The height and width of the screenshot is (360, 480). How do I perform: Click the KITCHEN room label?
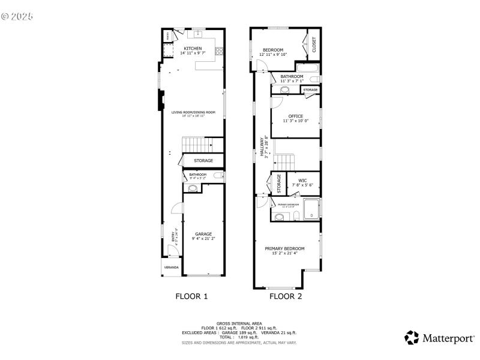[x=193, y=49]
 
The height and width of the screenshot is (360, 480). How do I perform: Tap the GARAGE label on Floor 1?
[x=203, y=234]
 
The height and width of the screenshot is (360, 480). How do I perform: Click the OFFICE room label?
[x=295, y=116]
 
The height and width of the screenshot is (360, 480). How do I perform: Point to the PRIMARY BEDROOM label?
[x=285, y=248]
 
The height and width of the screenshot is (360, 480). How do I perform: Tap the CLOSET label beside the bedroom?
[x=313, y=45]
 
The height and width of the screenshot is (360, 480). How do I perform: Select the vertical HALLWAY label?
[x=262, y=148]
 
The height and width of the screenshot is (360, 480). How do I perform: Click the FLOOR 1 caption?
[x=191, y=296]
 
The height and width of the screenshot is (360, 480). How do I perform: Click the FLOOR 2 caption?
[x=286, y=296]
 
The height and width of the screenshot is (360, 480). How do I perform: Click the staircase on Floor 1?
[x=196, y=145]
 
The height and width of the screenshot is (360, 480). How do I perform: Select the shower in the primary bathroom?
[x=311, y=209]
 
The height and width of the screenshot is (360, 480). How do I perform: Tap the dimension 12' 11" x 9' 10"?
[x=273, y=55]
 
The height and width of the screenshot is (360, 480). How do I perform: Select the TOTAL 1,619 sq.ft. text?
[x=239, y=337]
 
